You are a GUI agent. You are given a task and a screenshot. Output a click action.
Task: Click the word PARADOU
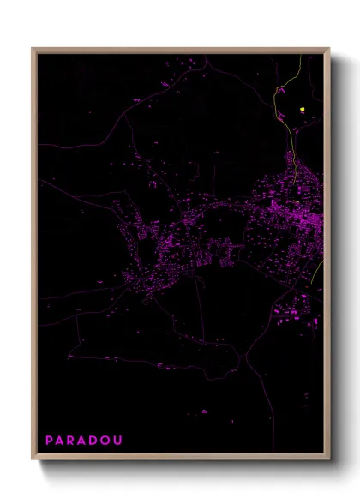point(84,441)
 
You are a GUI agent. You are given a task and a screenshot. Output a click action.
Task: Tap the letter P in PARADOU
point(49,441)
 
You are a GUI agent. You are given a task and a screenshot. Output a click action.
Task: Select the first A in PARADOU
point(61,441)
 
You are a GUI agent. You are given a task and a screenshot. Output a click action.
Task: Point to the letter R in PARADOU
point(72,441)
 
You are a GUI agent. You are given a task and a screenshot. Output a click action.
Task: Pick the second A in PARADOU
point(83,441)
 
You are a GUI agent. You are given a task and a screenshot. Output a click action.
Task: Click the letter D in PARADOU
point(95,441)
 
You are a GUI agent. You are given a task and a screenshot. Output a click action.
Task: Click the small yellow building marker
point(303,109)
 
